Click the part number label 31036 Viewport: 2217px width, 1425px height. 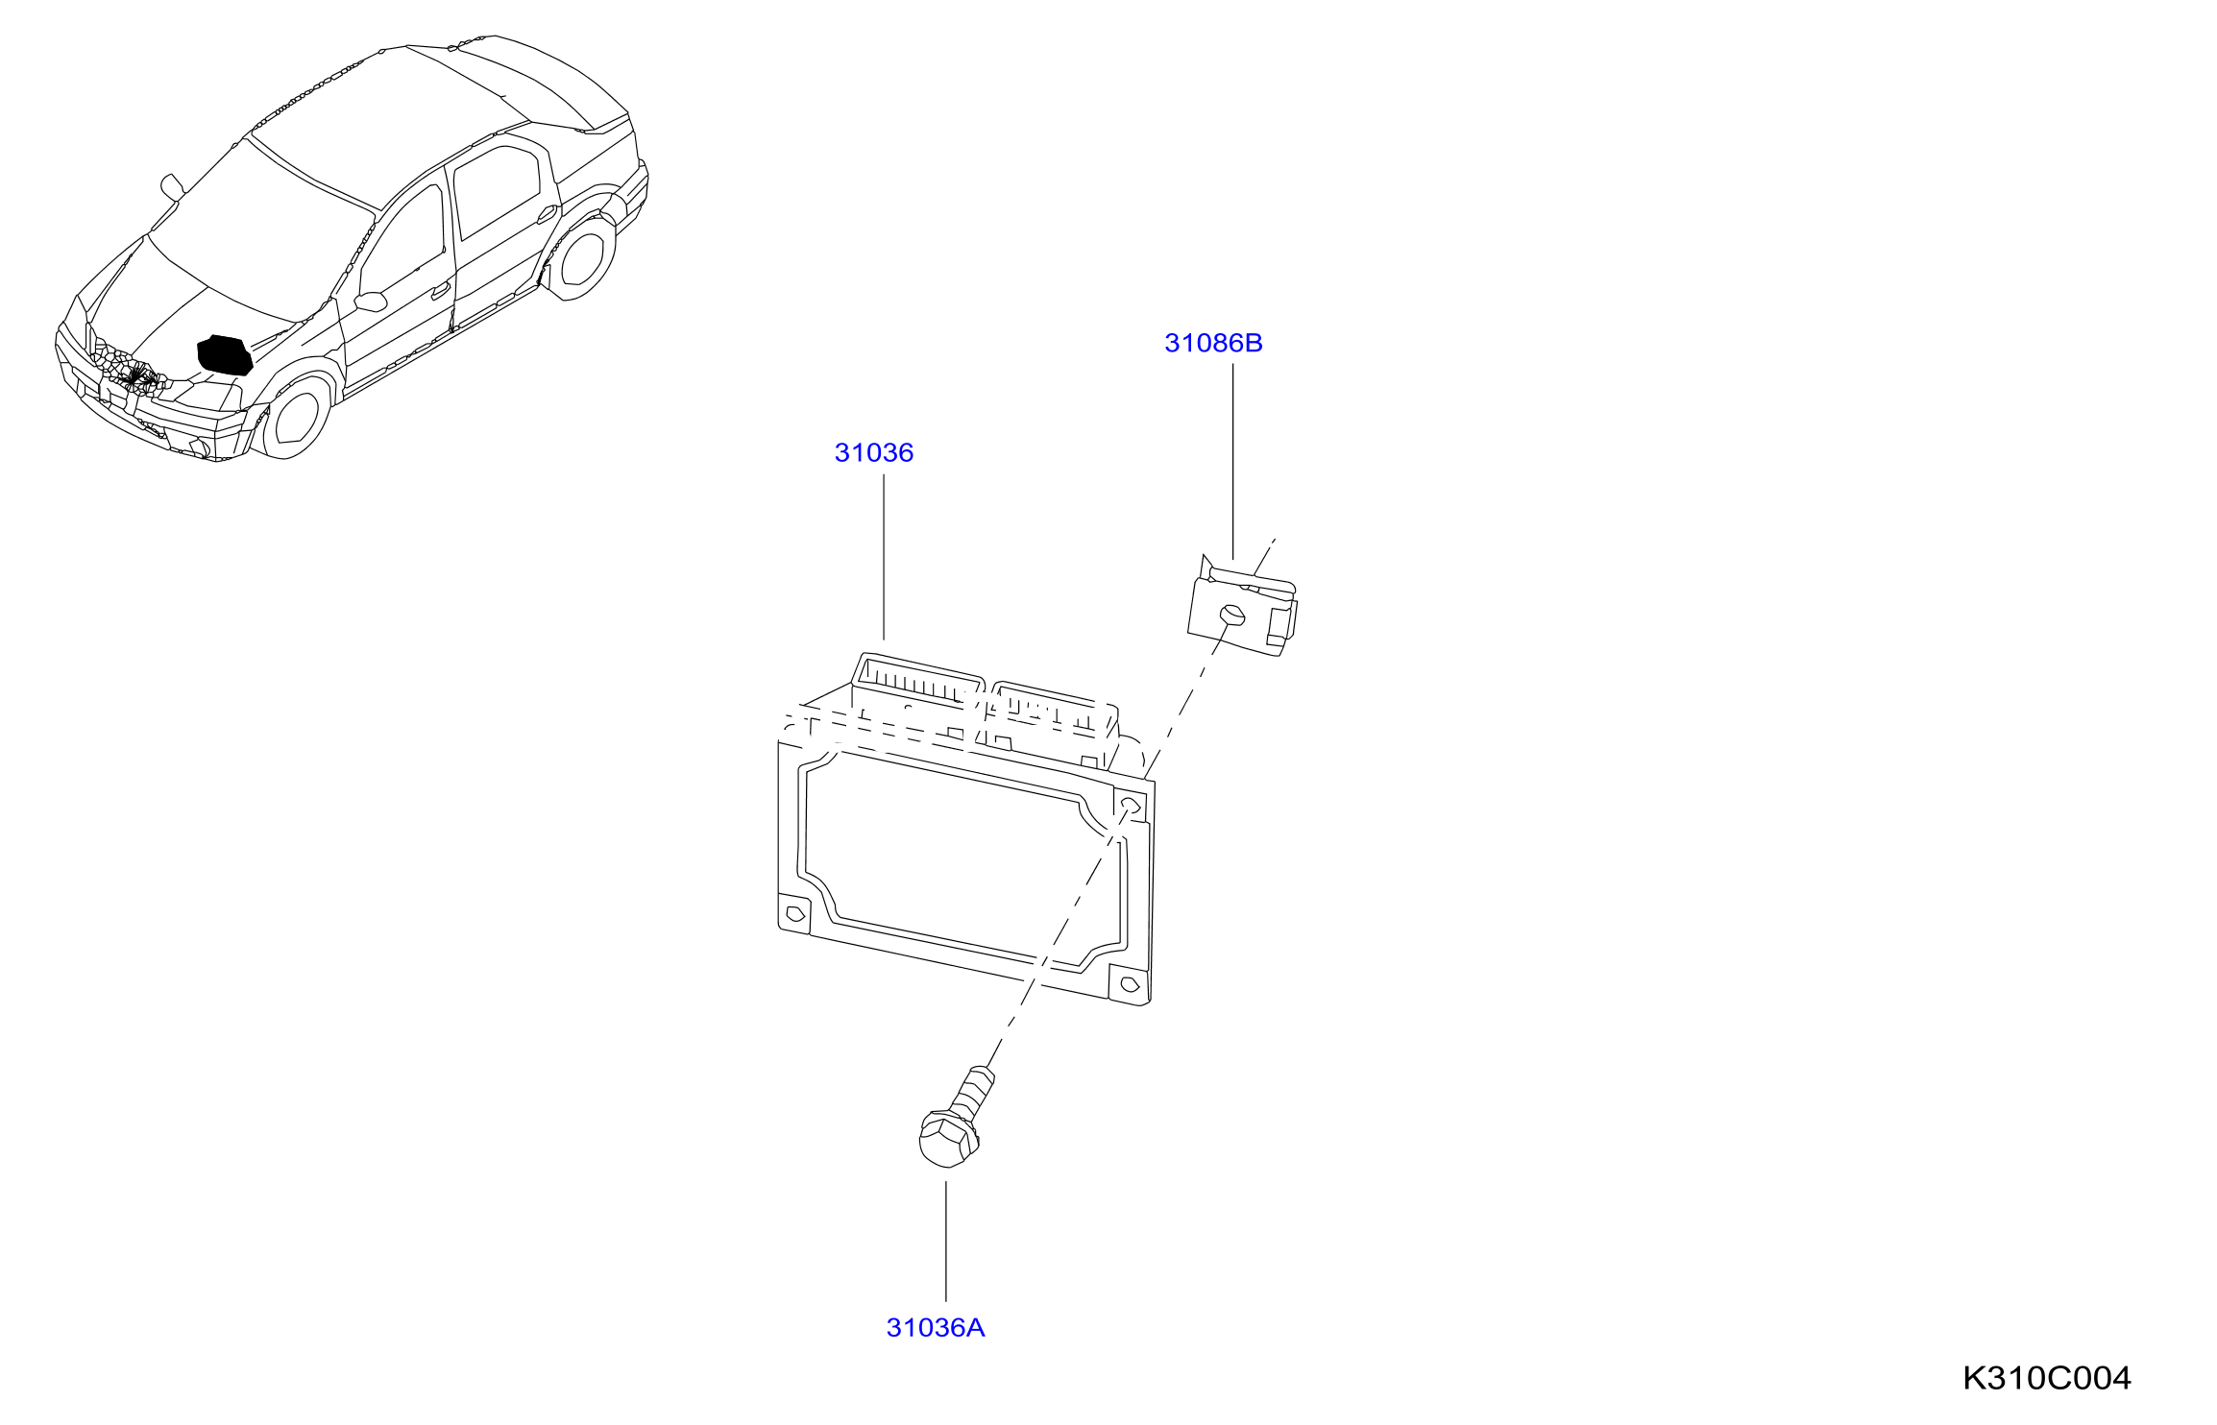[x=873, y=452]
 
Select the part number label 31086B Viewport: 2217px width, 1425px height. [x=1213, y=343]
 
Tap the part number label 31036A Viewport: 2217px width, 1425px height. [x=936, y=1327]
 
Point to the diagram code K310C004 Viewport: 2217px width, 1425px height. [x=2047, y=1378]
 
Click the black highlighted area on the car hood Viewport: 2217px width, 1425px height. [x=225, y=354]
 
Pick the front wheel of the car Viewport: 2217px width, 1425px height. [x=295, y=419]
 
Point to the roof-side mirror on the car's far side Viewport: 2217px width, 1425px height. [x=172, y=186]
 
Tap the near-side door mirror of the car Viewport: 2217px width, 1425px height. [x=371, y=302]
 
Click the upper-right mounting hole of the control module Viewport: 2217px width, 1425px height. [x=1130, y=804]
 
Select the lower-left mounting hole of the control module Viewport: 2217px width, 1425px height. [x=795, y=913]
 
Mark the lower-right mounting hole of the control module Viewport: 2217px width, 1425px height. [x=1130, y=984]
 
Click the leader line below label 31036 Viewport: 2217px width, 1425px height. [x=884, y=557]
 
